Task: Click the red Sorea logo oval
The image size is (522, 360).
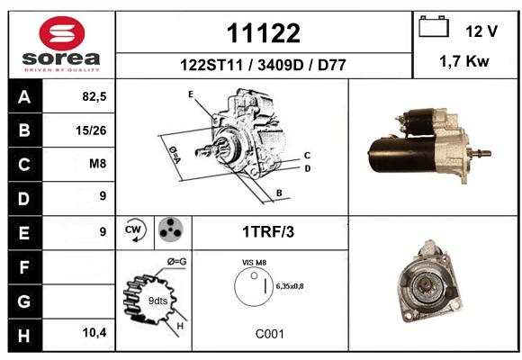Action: (x=62, y=33)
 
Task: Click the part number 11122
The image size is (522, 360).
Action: (x=264, y=33)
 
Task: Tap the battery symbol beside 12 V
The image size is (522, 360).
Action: (x=434, y=26)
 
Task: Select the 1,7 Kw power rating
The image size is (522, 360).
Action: (x=464, y=61)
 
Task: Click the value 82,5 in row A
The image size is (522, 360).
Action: (x=94, y=96)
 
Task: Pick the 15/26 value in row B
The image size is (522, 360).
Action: (x=91, y=130)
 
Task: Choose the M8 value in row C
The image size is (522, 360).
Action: (x=98, y=164)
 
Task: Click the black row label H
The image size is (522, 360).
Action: (x=25, y=335)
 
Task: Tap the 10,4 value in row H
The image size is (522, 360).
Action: (x=94, y=332)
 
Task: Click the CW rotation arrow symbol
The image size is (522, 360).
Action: (x=135, y=230)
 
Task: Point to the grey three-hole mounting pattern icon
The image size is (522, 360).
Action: (x=171, y=229)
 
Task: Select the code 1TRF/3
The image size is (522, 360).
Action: (x=268, y=232)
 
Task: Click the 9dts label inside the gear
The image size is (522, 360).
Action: (x=157, y=301)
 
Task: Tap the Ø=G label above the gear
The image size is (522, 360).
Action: (x=176, y=262)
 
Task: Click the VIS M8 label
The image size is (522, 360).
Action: (x=254, y=263)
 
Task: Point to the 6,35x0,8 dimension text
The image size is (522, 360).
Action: (x=290, y=286)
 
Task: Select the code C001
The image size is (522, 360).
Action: (x=270, y=334)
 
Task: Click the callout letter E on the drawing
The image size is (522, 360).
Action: (x=191, y=94)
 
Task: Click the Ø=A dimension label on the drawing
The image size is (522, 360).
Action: (x=175, y=155)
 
